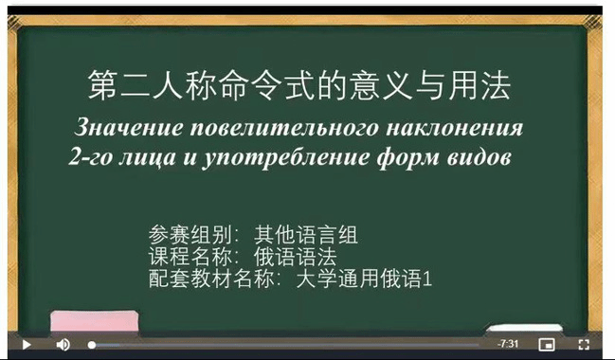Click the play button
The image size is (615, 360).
point(27,345)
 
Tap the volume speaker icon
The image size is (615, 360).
point(63,345)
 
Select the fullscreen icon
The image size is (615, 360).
point(584,344)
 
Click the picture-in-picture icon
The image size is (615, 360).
point(547,345)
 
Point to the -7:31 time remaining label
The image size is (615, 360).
point(508,344)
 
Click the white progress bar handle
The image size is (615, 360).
point(92,345)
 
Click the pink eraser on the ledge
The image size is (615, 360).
point(94,321)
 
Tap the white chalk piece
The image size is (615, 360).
point(525,329)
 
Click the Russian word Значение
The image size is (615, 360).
point(129,128)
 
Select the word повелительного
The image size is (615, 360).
point(284,129)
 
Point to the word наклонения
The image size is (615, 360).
point(455,129)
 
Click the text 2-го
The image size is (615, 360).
point(90,157)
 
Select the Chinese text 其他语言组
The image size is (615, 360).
point(305,235)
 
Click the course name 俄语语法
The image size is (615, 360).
point(295,258)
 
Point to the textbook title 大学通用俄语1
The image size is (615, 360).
point(364,279)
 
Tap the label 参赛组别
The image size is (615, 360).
point(190,235)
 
